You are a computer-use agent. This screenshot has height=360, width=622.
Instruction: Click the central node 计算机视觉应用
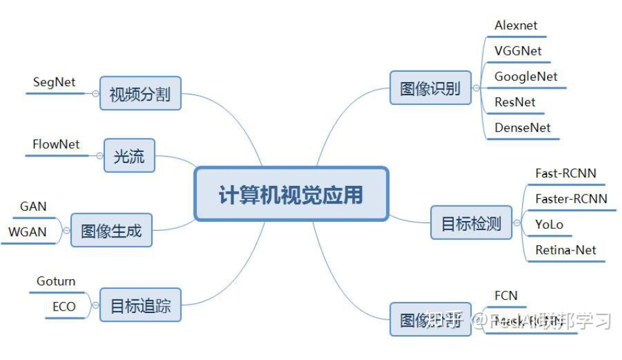pyautogui.click(x=291, y=194)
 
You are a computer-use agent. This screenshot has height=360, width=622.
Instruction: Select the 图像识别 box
pyautogui.click(x=430, y=88)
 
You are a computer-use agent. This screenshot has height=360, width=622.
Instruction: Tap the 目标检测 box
pyautogui.click(x=471, y=223)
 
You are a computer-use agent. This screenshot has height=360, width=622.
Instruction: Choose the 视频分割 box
pyautogui.click(x=140, y=93)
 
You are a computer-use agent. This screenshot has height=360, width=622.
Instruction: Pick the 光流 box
pyautogui.click(x=129, y=156)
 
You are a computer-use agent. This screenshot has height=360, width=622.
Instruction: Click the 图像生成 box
pyautogui.click(x=111, y=230)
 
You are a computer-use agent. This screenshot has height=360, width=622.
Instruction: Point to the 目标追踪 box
pyautogui.click(x=140, y=305)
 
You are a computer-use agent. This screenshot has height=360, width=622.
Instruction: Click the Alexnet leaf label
pyautogui.click(x=516, y=26)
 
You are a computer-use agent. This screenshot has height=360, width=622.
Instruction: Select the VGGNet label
pyautogui.click(x=518, y=51)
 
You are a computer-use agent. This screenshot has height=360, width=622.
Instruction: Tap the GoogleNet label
pyautogui.click(x=526, y=76)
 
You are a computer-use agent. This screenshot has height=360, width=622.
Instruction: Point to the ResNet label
pyautogui.click(x=514, y=102)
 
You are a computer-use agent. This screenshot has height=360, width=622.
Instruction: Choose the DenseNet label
pyautogui.click(x=522, y=128)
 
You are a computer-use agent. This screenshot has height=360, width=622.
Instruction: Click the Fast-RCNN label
pyautogui.click(x=565, y=173)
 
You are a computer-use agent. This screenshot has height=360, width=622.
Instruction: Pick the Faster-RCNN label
pyautogui.click(x=570, y=198)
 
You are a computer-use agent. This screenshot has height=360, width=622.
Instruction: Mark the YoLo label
pyautogui.click(x=549, y=224)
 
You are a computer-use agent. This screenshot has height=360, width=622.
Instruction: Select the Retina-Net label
pyautogui.click(x=565, y=250)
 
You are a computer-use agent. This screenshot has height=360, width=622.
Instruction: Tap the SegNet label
pyautogui.click(x=54, y=82)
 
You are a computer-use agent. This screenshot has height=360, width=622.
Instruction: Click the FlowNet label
pyautogui.click(x=56, y=144)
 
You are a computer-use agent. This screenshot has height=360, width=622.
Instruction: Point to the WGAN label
pyautogui.click(x=27, y=232)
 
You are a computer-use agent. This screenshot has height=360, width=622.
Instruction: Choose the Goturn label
pyautogui.click(x=56, y=281)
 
